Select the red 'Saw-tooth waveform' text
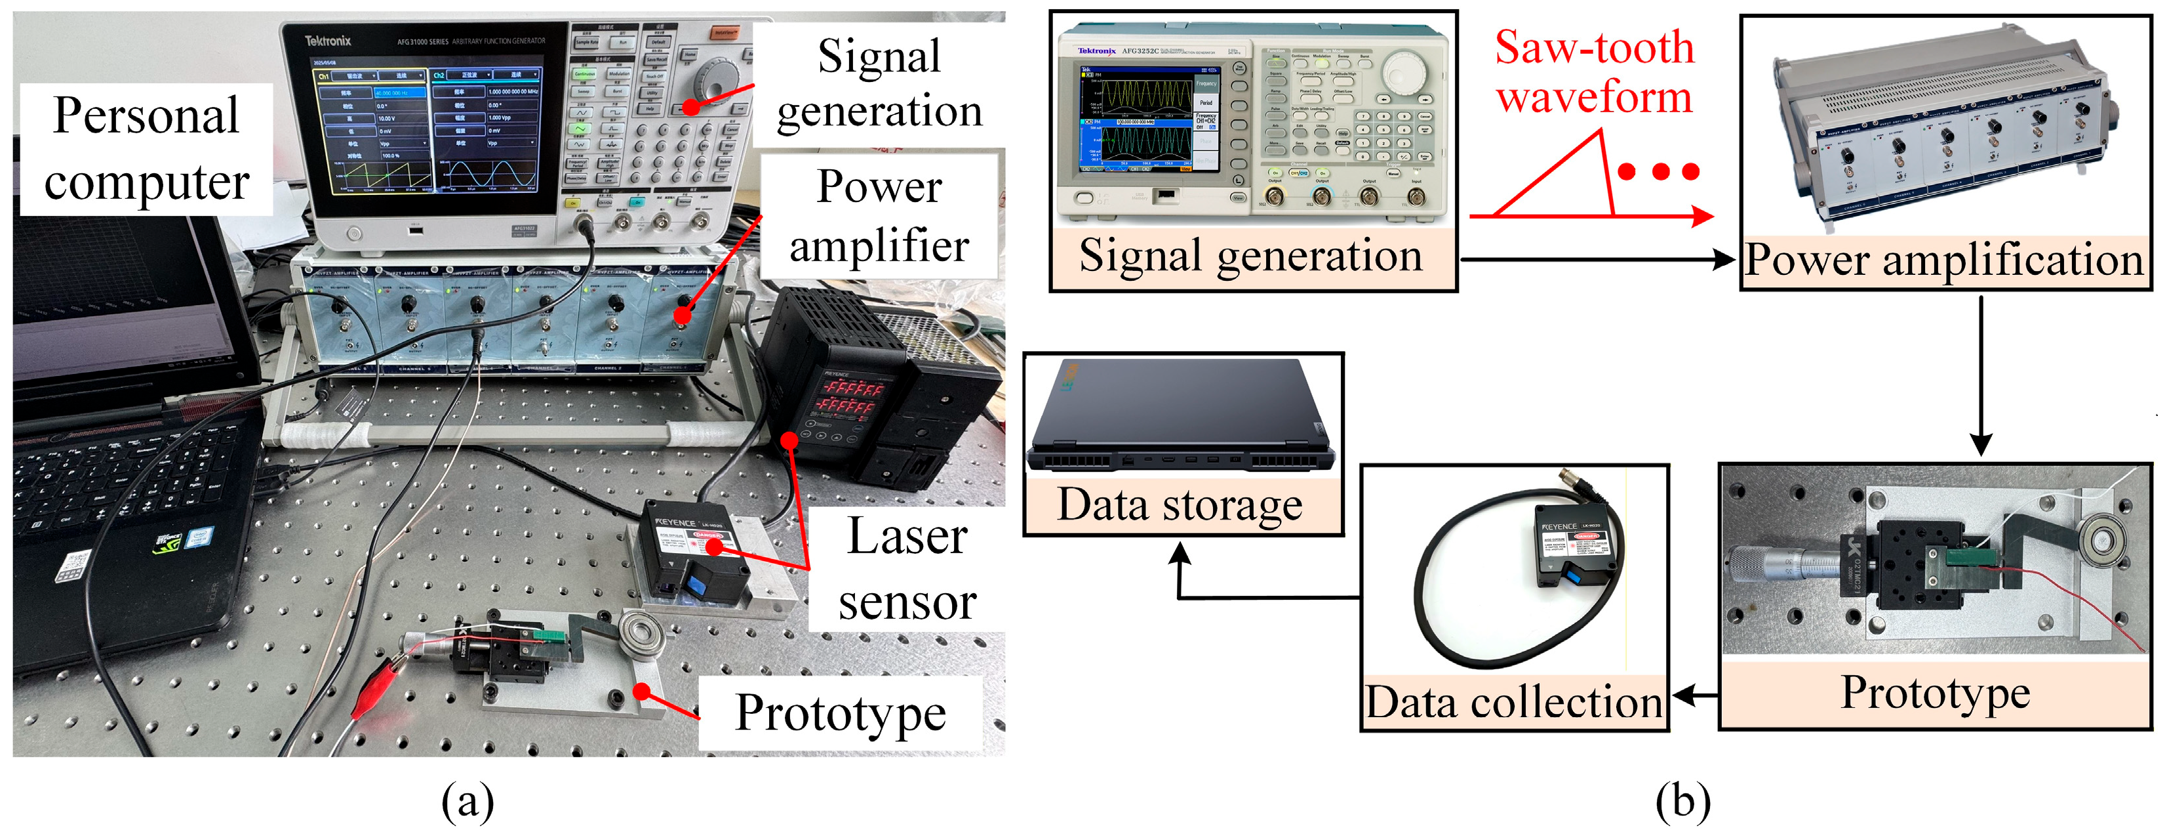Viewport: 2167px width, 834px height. (x=1593, y=72)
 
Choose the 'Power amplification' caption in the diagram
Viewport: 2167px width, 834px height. (x=1943, y=259)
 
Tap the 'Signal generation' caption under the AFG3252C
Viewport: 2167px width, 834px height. (x=1251, y=255)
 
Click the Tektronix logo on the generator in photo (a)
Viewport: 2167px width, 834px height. (x=327, y=41)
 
